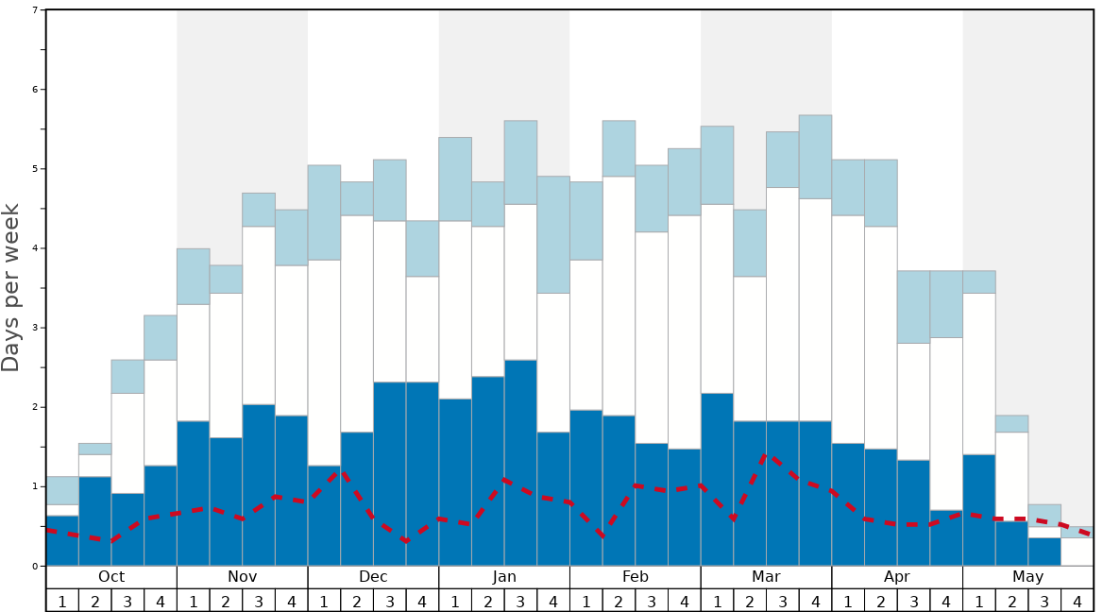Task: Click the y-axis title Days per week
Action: [11, 287]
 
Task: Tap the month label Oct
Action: [111, 577]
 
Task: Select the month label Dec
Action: [373, 577]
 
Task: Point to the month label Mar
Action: [766, 577]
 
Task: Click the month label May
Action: [1027, 577]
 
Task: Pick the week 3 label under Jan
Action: [520, 601]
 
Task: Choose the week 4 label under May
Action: [1077, 601]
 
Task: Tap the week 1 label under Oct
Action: [62, 601]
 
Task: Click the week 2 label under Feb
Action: [619, 601]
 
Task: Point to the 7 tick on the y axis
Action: [35, 10]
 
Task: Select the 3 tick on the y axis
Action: [35, 328]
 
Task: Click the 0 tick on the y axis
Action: [35, 566]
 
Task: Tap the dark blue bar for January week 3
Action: [520, 463]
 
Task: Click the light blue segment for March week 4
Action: [815, 157]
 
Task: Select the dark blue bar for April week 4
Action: [946, 538]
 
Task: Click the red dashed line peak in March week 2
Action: [766, 456]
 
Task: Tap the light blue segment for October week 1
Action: [62, 490]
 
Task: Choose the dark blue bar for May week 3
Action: [1044, 552]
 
